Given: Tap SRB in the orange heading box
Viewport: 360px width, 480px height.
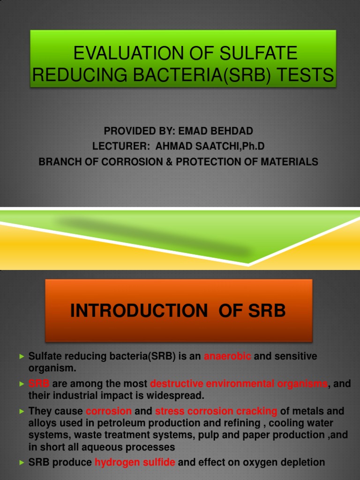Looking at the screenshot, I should [x=267, y=311].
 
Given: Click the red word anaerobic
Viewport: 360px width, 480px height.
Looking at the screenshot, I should [x=227, y=356].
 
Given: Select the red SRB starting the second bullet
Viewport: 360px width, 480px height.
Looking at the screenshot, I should [x=39, y=384].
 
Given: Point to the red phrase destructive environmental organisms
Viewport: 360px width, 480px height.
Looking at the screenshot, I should [x=239, y=384].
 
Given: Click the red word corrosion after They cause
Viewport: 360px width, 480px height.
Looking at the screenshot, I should [x=109, y=411].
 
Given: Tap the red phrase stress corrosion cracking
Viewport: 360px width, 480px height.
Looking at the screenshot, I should [x=216, y=411].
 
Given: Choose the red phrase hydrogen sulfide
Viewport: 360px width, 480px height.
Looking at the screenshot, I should [x=135, y=462].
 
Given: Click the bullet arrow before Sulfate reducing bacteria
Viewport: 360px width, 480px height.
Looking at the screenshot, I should [x=22, y=357].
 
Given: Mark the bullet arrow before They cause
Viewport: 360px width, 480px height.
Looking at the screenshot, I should [x=22, y=412].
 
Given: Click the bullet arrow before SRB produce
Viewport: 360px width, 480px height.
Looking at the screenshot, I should [x=22, y=463].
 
